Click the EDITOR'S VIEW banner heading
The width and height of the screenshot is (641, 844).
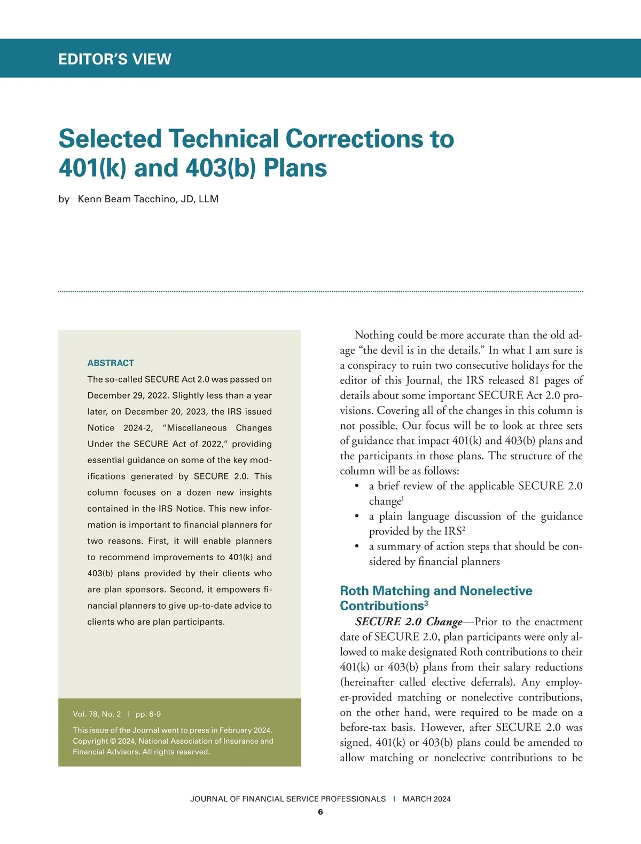[115, 59]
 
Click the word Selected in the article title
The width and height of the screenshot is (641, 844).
[110, 139]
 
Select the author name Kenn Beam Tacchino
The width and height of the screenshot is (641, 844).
[131, 199]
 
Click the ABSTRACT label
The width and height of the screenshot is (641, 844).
[111, 363]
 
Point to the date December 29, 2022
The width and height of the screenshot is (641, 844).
[124, 395]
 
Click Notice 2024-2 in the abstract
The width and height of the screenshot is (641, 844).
[120, 428]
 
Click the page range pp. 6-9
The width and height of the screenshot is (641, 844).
[148, 714]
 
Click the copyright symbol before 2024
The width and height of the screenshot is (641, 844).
[113, 741]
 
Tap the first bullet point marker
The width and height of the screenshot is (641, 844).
[356, 486]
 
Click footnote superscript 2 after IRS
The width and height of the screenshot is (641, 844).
[464, 529]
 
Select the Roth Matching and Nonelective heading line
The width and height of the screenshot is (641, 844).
[436, 591]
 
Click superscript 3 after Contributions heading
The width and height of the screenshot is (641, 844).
[426, 603]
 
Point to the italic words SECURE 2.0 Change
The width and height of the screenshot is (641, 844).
[409, 622]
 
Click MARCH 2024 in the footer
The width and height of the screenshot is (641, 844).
[426, 799]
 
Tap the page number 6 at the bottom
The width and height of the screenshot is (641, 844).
[320, 812]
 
